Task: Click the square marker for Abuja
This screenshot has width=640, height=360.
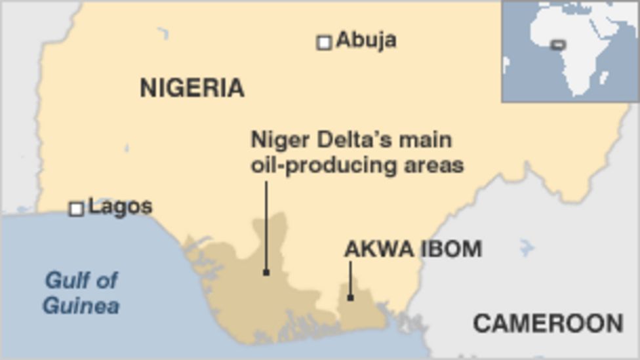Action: tap(324, 43)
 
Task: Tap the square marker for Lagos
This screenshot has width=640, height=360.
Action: tap(77, 209)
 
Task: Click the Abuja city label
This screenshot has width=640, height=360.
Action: tap(366, 41)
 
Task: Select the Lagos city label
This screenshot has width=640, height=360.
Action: tap(120, 207)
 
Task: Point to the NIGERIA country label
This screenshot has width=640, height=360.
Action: tap(191, 88)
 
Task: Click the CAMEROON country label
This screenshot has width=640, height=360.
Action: tap(548, 323)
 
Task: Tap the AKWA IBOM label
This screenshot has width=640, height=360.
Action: tap(413, 249)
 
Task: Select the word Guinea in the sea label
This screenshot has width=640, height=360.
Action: tap(81, 306)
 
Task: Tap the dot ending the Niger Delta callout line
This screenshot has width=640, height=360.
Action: tap(266, 272)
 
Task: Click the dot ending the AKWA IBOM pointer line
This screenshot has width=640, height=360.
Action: tap(350, 298)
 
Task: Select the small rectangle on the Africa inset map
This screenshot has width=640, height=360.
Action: tap(557, 45)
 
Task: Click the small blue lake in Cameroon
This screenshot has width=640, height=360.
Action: tap(525, 248)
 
